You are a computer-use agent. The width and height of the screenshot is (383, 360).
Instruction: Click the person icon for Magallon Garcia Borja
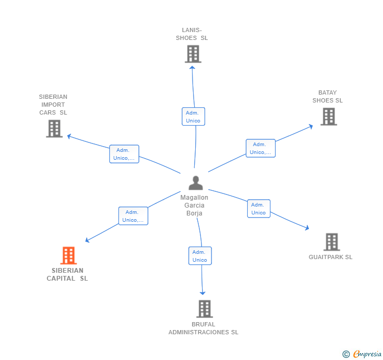click(196, 183)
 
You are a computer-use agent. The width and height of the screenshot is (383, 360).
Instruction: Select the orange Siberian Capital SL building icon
click(68, 255)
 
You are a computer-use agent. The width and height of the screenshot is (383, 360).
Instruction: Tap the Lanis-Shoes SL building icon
click(193, 54)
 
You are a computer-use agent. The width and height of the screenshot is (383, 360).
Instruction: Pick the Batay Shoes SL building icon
click(329, 117)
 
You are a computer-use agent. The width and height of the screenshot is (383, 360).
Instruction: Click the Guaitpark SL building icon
click(331, 242)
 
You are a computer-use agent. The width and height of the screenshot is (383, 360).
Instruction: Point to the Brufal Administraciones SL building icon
click(205, 308)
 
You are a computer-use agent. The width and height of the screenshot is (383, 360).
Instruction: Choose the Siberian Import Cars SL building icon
click(54, 129)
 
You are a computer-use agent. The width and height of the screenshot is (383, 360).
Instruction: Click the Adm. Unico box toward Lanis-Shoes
click(194, 117)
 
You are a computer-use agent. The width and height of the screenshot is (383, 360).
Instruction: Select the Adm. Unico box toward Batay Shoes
click(260, 148)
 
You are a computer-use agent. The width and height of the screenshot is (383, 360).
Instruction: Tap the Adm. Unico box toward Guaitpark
click(259, 209)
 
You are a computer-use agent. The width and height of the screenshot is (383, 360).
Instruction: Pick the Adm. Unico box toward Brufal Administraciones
click(200, 256)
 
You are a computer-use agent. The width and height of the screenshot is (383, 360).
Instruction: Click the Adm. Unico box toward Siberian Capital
click(134, 216)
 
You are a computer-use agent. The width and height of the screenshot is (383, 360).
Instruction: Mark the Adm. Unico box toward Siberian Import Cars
click(124, 154)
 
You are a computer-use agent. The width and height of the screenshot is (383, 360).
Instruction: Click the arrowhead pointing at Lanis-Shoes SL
click(192, 68)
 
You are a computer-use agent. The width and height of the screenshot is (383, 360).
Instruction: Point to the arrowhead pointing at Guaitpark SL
click(307, 228)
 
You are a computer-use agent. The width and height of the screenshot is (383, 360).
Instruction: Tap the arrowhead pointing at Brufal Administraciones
click(203, 293)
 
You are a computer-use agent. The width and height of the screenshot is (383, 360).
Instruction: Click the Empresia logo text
click(367, 354)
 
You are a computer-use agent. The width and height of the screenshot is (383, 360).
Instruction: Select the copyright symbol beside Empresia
click(346, 354)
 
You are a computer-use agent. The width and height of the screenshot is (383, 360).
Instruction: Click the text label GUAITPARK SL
click(330, 257)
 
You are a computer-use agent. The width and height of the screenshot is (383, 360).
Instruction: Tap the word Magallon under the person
click(194, 198)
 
